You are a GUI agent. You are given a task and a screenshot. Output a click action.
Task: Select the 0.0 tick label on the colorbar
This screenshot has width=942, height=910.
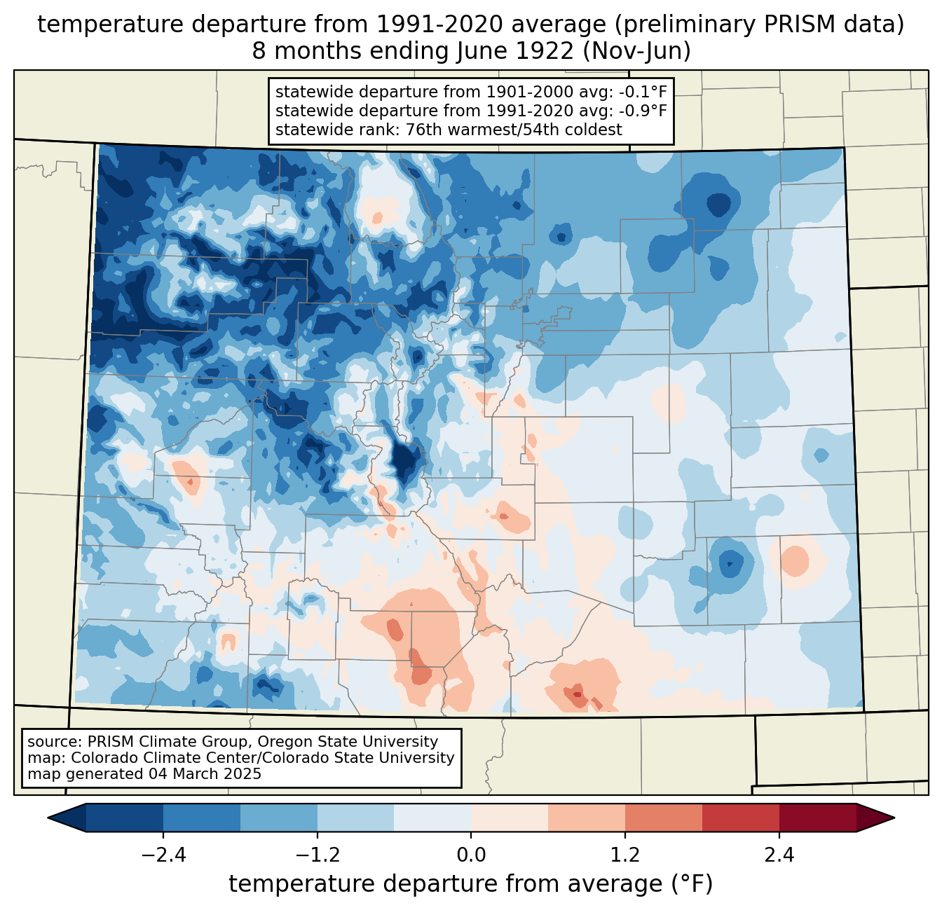471,855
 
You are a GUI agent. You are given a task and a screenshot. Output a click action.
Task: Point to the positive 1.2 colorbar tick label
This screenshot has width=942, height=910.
625,855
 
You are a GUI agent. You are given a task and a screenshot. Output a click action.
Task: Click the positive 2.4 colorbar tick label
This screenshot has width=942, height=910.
779,855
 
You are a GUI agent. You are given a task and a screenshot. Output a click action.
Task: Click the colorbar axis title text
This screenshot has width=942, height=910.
471,884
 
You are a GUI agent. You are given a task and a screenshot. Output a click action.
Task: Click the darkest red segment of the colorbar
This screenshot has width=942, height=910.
817,818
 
